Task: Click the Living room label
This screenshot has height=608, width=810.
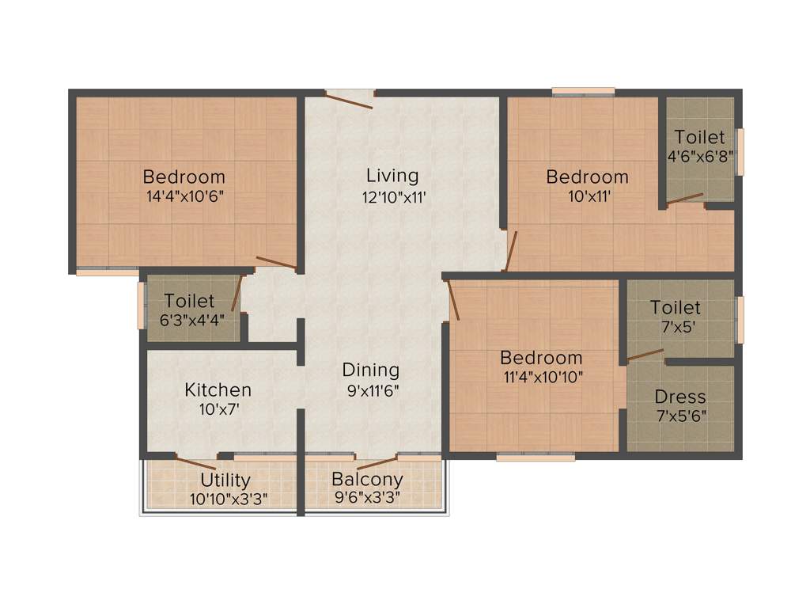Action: click(x=392, y=175)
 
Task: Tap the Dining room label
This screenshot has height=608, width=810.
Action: click(x=370, y=370)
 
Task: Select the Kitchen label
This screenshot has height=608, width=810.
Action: click(x=218, y=389)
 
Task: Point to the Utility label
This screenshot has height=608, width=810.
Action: click(x=225, y=480)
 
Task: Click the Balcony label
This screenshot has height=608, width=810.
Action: click(x=367, y=479)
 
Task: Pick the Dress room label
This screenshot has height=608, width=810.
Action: click(x=680, y=397)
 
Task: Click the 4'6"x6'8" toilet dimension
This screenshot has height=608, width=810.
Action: click(x=700, y=157)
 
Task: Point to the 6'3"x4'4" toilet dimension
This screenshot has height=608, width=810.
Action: click(x=190, y=320)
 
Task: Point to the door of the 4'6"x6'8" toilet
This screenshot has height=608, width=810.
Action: click(x=684, y=199)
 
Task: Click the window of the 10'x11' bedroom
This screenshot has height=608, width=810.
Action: click(x=583, y=91)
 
